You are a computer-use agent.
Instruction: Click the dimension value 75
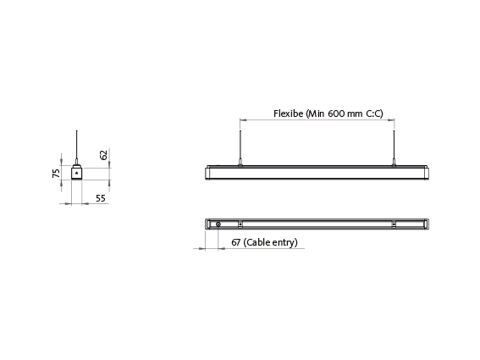(x=57, y=173)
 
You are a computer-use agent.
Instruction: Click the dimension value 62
(x=103, y=156)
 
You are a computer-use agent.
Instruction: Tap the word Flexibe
(x=288, y=113)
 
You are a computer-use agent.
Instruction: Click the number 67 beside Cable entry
(x=236, y=242)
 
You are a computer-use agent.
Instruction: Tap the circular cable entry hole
(x=218, y=224)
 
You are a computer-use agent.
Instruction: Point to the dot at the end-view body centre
(x=77, y=173)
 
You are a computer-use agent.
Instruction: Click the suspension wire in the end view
(x=77, y=144)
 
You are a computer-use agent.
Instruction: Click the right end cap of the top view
(x=428, y=224)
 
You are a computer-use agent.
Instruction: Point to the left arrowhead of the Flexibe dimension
(x=243, y=119)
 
